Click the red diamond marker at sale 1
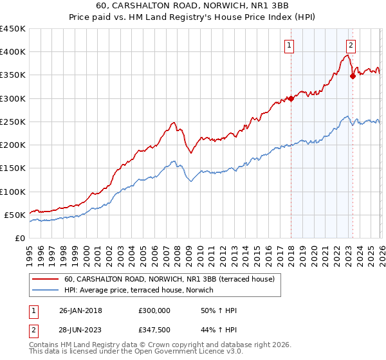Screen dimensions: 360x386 coord(291,98)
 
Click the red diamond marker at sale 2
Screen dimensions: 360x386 coord(353,76)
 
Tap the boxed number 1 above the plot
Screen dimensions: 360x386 coord(290,45)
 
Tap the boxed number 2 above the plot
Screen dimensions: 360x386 coord(351,45)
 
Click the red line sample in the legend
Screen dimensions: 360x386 coord(45,279)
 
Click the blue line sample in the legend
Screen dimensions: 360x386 coord(45,291)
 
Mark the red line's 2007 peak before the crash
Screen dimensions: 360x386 coord(173,122)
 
